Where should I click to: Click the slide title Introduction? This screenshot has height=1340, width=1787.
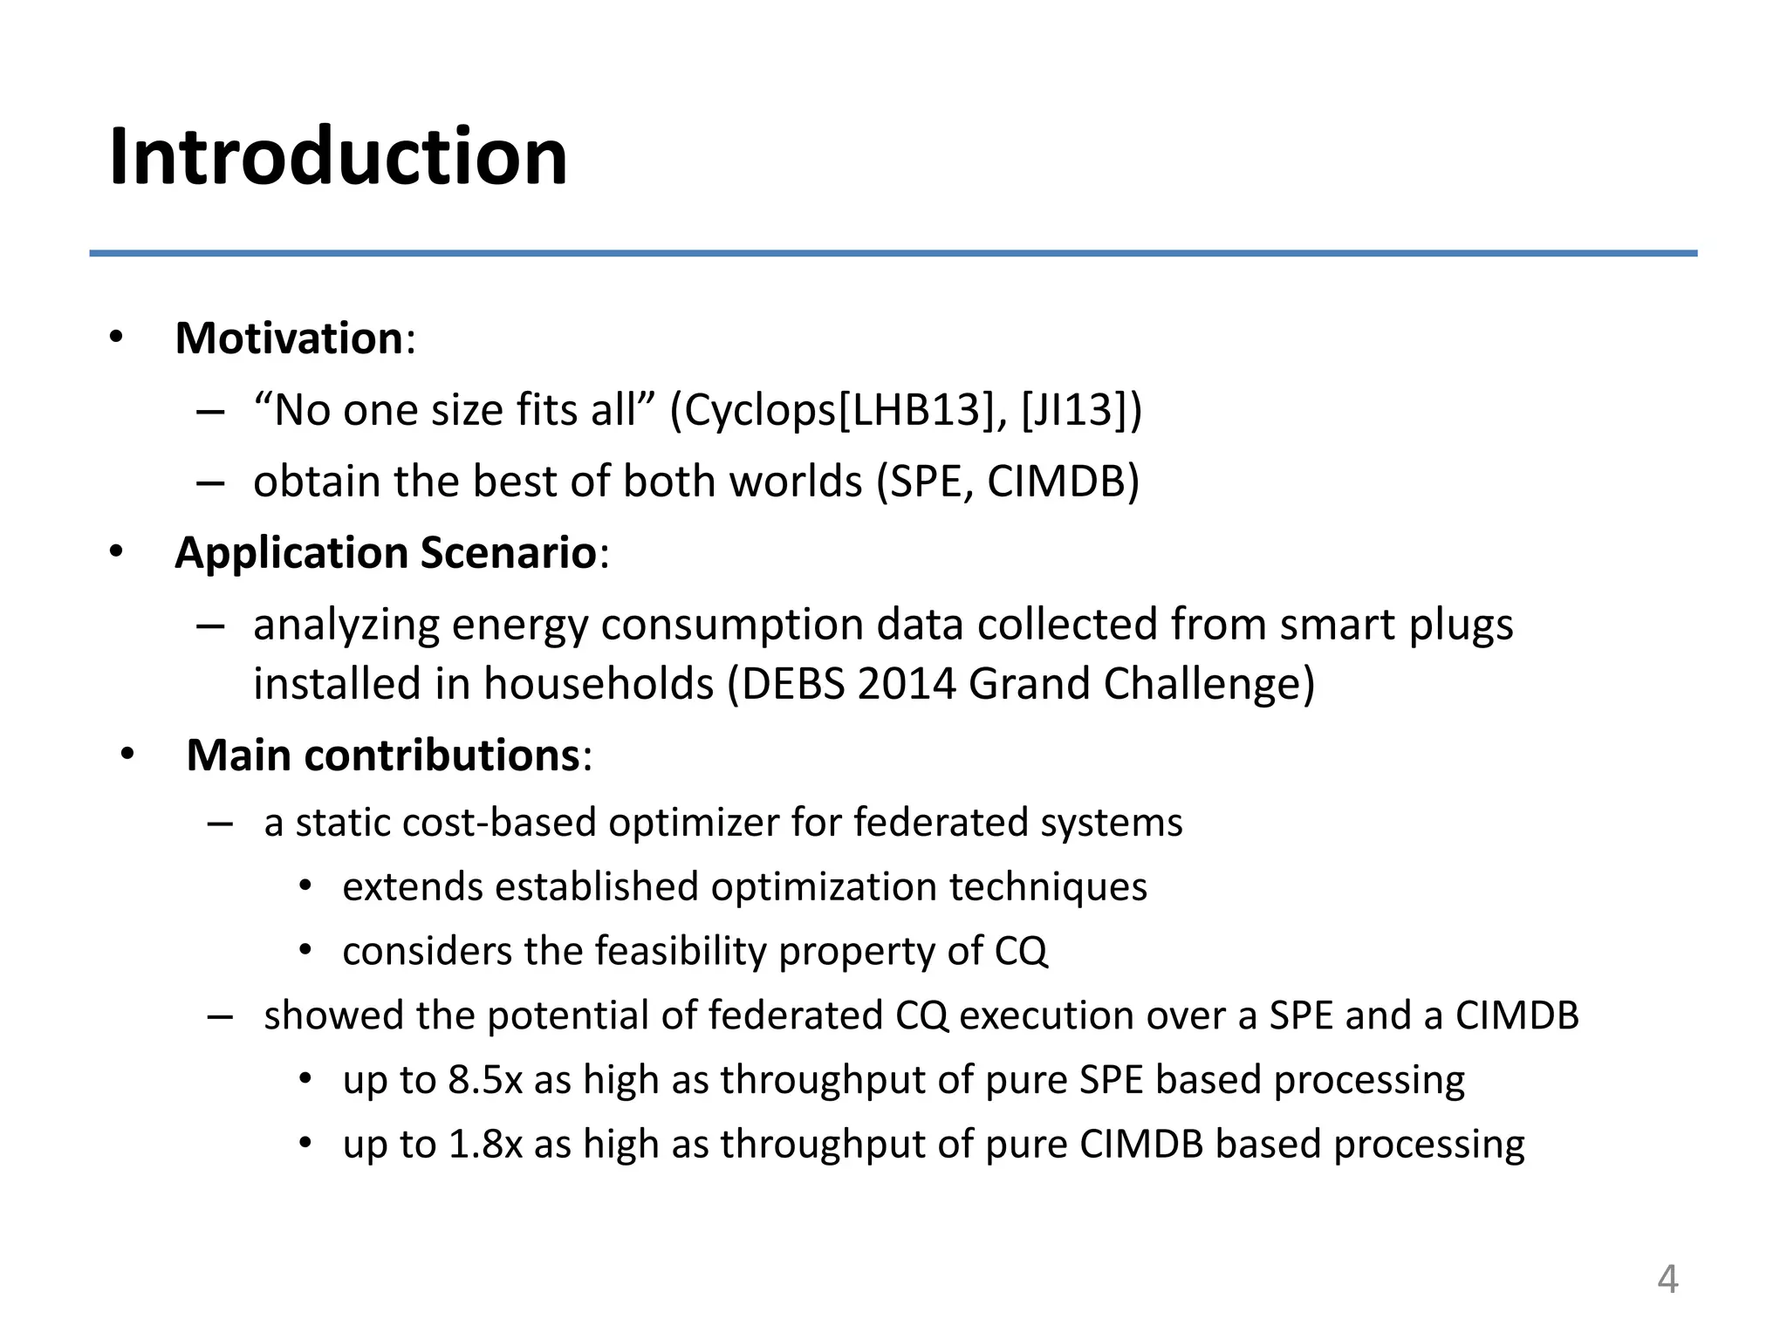(339, 157)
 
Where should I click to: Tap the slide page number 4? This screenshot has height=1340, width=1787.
(1667, 1280)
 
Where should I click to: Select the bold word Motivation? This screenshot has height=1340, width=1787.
(289, 338)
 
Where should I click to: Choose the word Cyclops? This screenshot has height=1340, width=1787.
(760, 410)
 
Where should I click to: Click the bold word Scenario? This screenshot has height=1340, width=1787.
(509, 553)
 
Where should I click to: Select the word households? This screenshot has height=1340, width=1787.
(599, 684)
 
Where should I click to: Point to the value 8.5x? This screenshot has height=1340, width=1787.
(485, 1080)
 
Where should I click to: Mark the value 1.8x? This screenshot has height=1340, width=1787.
(485, 1145)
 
